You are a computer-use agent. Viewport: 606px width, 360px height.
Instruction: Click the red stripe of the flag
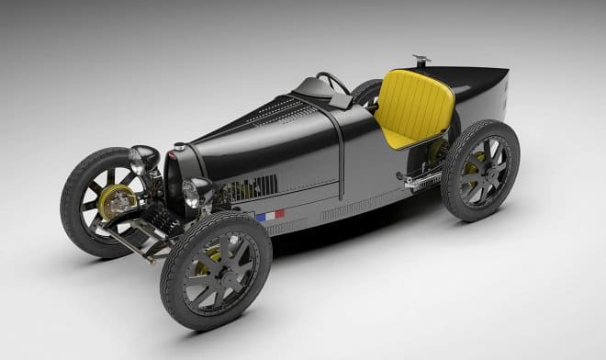279,213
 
